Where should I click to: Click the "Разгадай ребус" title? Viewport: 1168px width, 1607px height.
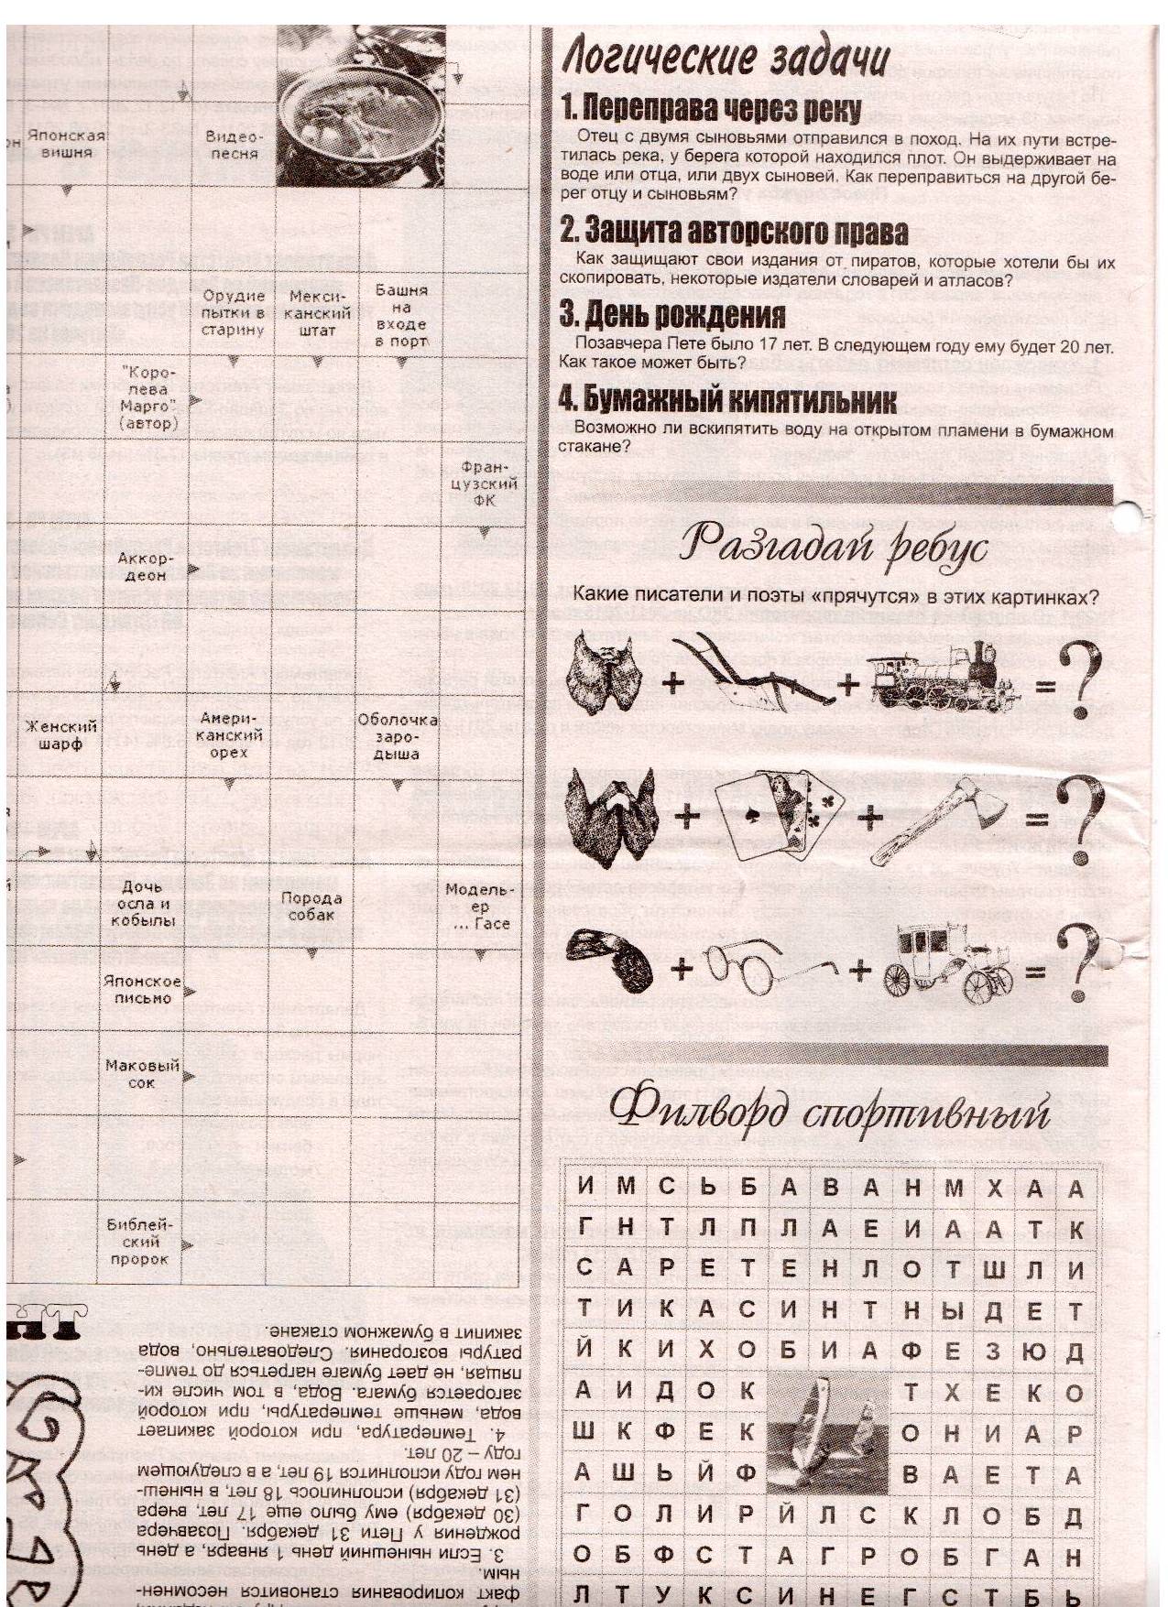click(x=834, y=548)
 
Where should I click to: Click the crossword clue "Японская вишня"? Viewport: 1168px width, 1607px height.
click(x=66, y=143)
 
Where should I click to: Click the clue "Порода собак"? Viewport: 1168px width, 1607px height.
click(x=312, y=907)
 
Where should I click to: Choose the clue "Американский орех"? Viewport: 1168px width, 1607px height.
click(x=230, y=735)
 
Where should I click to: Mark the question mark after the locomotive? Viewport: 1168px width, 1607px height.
click(x=1078, y=682)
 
